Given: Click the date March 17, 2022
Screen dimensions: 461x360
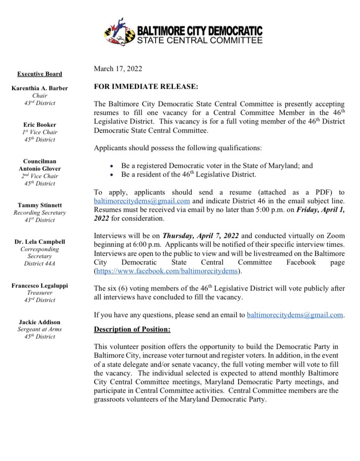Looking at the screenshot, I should coord(117,69).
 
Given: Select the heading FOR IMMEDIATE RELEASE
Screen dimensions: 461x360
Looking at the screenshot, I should coord(146,87).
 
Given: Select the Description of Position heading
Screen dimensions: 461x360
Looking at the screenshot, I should coord(132,329).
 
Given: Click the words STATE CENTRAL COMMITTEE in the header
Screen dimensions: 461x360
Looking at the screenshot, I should coord(200,41).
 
